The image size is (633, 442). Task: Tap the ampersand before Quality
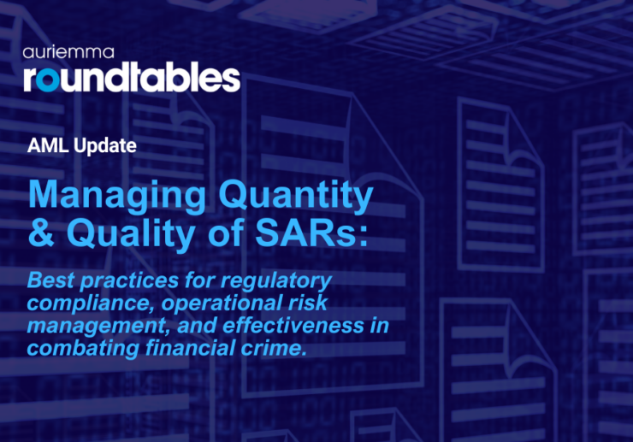pos(42,234)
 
